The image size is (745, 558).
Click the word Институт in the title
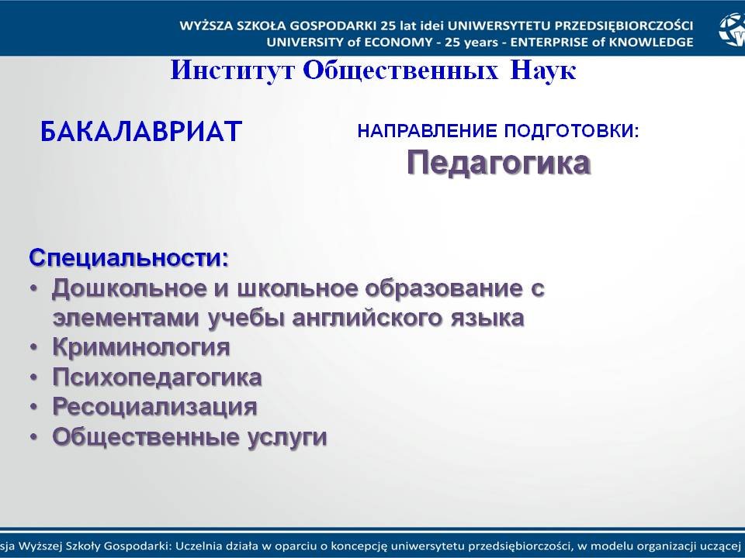(x=232, y=71)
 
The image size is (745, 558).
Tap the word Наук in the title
(x=543, y=71)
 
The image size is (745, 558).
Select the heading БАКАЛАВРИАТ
(x=141, y=132)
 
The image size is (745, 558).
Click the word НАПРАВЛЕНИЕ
(x=429, y=131)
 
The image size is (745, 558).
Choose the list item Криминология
(x=141, y=347)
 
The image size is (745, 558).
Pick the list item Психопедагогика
(x=157, y=377)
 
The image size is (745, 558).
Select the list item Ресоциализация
(x=154, y=407)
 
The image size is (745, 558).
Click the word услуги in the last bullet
(x=287, y=436)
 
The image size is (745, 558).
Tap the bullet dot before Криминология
(x=34, y=348)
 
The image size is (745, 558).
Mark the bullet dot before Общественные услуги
(x=34, y=437)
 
